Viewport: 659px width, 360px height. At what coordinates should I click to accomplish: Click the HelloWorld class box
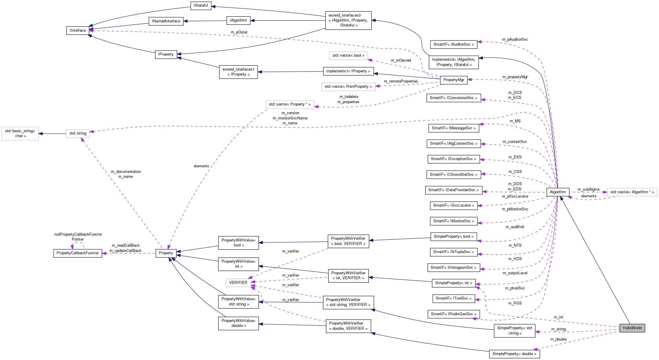tap(632, 328)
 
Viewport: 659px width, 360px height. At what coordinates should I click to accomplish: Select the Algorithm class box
tap(557, 192)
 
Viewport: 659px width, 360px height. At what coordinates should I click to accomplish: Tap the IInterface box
tap(78, 31)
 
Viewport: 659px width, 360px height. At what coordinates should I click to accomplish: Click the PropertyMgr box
tap(453, 80)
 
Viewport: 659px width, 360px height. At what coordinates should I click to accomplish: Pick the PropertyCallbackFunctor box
tap(78, 253)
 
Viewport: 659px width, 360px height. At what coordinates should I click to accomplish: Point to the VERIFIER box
tap(238, 282)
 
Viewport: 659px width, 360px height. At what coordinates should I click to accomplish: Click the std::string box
tap(78, 133)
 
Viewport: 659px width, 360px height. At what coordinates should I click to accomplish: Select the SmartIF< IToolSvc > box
tap(453, 298)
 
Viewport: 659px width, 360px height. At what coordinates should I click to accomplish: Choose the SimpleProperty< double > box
tap(514, 354)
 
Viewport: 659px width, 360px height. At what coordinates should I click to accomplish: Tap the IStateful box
tap(201, 6)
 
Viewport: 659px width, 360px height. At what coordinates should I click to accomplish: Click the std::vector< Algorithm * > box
tap(632, 192)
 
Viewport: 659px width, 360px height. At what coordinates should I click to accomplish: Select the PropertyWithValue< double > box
tap(238, 323)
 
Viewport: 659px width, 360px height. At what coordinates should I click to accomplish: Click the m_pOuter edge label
tap(239, 32)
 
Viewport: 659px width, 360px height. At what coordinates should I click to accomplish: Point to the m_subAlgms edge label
tap(588, 189)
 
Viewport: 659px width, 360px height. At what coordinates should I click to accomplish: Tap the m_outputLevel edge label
tap(515, 273)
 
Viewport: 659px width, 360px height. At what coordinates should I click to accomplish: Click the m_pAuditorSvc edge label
tap(515, 40)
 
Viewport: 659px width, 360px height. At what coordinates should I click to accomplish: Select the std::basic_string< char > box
tap(20, 133)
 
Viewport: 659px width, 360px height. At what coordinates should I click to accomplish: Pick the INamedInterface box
tap(166, 21)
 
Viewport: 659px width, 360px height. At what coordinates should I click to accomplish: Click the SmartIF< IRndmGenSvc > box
tap(453, 314)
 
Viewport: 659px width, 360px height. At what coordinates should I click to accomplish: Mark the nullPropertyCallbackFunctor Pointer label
tap(78, 237)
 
